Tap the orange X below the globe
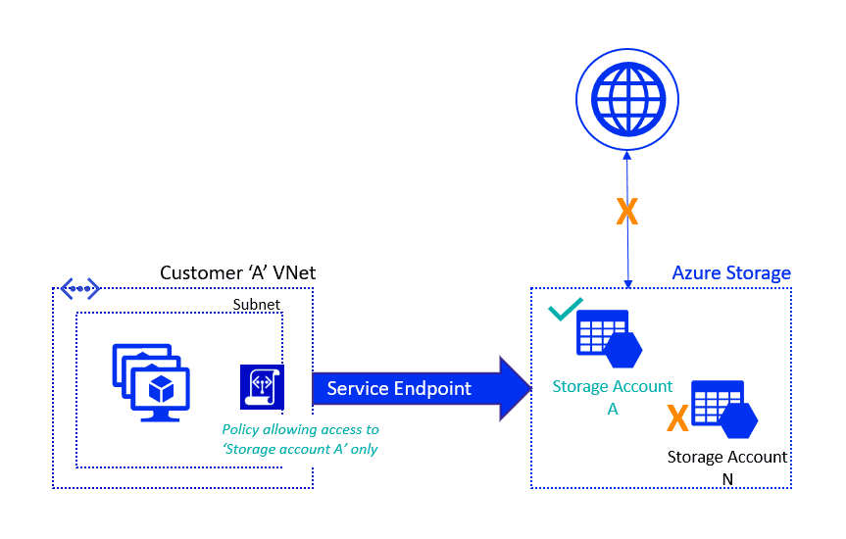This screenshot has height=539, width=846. click(x=627, y=212)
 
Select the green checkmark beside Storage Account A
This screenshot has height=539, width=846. click(x=566, y=311)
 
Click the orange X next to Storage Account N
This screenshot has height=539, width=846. click(x=676, y=419)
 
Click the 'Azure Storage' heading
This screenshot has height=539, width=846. click(x=731, y=273)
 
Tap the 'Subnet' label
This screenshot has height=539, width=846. click(x=256, y=305)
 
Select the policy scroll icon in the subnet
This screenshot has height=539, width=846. click(x=262, y=386)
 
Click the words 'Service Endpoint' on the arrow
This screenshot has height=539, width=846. click(x=399, y=389)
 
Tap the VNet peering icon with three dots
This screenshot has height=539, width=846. click(x=79, y=288)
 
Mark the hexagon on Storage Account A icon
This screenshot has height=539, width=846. click(x=623, y=348)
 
